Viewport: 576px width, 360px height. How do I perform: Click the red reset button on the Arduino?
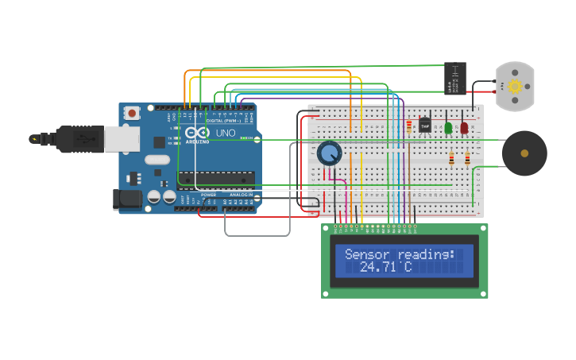click(132, 114)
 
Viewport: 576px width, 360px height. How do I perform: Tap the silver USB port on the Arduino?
click(122, 139)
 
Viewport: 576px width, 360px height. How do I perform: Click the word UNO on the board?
click(226, 133)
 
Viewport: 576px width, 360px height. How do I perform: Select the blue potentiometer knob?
click(329, 153)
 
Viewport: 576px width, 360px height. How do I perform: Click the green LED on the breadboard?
click(448, 127)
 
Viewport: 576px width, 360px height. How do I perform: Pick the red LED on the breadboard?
click(464, 127)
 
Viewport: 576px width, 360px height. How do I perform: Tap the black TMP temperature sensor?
click(425, 125)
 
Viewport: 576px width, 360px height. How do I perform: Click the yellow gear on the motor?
click(514, 86)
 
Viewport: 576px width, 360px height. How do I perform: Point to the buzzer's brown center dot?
click(524, 153)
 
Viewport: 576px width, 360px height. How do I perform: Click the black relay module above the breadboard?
click(454, 78)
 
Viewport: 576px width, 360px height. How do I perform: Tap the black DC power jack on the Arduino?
click(127, 199)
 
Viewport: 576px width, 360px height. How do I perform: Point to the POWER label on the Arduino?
click(208, 194)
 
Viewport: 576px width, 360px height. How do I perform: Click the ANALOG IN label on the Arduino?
click(242, 194)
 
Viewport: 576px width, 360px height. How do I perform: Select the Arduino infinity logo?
click(198, 133)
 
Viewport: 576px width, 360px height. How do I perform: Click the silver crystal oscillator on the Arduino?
click(157, 159)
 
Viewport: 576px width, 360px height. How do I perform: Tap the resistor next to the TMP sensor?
click(409, 125)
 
